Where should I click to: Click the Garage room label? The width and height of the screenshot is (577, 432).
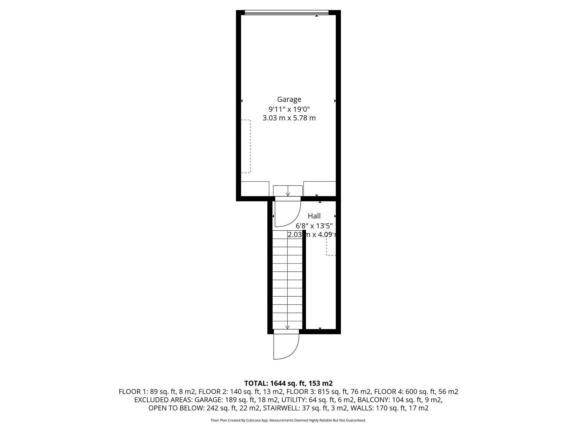click(289, 99)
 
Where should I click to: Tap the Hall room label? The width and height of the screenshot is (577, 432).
click(314, 216)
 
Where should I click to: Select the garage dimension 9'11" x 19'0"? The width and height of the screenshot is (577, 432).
click(289, 109)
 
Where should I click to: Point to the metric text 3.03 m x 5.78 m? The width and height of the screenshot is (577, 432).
click(289, 118)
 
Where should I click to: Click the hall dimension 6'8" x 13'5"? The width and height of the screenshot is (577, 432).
click(314, 226)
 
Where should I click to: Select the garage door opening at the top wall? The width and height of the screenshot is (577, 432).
click(287, 12)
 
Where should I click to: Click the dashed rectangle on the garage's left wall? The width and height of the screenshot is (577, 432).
click(246, 146)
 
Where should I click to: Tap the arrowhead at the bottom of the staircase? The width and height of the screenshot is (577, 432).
click(287, 327)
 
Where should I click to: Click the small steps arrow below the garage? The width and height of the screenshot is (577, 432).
click(288, 194)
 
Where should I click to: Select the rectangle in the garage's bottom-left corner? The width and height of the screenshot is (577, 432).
click(255, 189)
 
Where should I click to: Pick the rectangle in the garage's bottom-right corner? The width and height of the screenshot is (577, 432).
click(319, 188)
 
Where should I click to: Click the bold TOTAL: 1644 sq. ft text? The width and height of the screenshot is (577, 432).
click(288, 383)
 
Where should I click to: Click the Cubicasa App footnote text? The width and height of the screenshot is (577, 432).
click(288, 420)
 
